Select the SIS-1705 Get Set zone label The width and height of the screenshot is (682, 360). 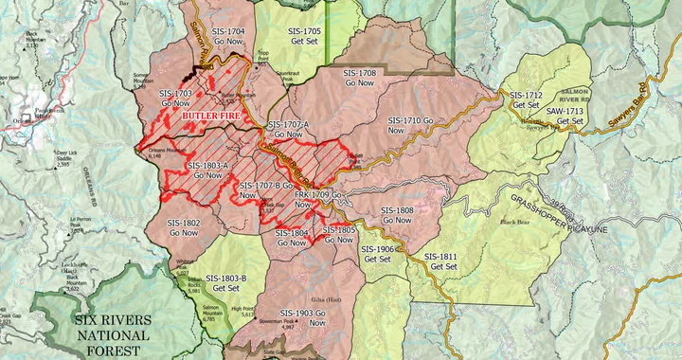click(304, 36)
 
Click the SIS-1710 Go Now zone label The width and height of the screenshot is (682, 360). click(417, 126)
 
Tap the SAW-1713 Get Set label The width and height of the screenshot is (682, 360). click(565, 117)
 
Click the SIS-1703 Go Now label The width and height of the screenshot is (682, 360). click(175, 99)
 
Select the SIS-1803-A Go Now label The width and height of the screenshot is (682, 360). click(207, 171)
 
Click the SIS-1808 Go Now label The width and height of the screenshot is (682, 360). click(397, 215)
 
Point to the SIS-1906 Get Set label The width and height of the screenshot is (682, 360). click(378, 254)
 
